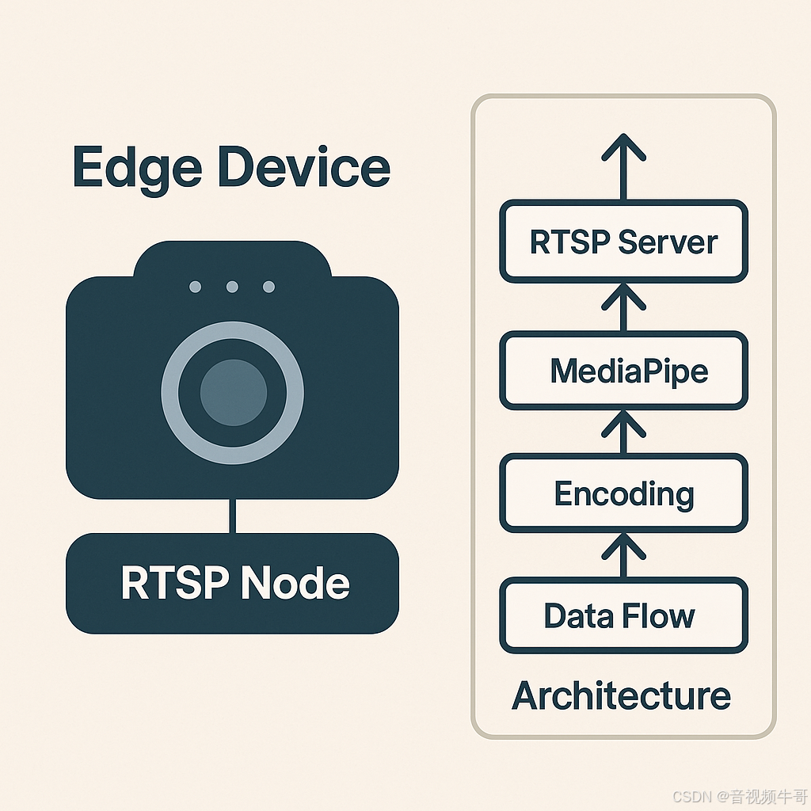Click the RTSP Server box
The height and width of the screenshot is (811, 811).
[623, 242]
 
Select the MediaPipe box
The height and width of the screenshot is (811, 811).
[623, 371]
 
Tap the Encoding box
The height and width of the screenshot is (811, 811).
[623, 493]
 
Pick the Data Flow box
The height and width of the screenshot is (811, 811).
[623, 615]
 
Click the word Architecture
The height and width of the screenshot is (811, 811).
[622, 695]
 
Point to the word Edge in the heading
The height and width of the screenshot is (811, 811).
[134, 169]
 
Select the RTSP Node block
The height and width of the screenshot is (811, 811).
[232, 584]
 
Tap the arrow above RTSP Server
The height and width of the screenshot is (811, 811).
[624, 166]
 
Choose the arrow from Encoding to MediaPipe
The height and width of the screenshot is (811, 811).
[624, 432]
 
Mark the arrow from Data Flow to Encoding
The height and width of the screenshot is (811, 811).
[624, 554]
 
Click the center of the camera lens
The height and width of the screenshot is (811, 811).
[232, 391]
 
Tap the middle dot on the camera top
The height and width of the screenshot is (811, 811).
[232, 287]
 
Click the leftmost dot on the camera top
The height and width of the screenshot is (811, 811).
[196, 287]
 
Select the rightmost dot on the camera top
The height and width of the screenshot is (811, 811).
[268, 287]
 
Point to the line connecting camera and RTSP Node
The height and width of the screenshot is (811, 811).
[232, 516]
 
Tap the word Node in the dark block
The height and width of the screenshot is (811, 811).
[295, 584]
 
